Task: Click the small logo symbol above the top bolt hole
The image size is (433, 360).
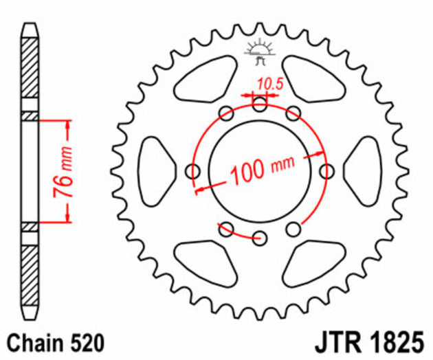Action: [x=259, y=52]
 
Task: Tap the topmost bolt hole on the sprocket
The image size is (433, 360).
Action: [x=259, y=104]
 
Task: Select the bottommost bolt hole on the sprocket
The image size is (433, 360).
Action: [x=259, y=238]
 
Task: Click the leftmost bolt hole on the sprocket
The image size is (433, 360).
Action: [x=193, y=170]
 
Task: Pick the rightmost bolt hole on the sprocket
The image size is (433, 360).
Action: [x=326, y=170]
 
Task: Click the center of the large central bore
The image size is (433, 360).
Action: [x=259, y=171]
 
